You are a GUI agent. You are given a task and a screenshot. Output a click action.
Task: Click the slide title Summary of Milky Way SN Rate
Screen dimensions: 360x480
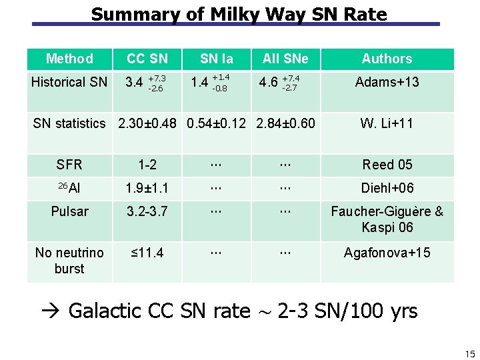pos(239,14)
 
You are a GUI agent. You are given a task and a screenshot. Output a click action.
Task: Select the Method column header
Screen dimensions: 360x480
pos(69,59)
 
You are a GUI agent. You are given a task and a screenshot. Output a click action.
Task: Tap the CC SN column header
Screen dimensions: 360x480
pos(147,59)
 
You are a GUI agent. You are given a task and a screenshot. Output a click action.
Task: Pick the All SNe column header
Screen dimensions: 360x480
pos(285,59)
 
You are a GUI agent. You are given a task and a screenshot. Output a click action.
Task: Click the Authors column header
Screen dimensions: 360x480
pos(387,59)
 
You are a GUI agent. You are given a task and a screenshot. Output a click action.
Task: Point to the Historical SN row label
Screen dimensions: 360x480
pos(69,82)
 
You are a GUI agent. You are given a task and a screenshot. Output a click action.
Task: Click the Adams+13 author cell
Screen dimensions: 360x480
pos(387,82)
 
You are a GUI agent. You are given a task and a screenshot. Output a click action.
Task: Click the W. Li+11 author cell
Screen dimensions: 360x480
pos(387,123)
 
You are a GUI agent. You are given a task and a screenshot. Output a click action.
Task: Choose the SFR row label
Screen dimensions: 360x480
pos(69,165)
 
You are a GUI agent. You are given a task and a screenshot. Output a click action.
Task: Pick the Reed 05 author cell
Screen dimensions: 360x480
pos(387,165)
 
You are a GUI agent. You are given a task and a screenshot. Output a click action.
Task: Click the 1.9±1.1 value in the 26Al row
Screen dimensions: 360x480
pos(147,189)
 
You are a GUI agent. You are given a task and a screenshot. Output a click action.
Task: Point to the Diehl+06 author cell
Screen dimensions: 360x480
pos(387,189)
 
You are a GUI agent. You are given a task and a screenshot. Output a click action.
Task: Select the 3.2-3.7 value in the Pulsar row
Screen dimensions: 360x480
pos(147,212)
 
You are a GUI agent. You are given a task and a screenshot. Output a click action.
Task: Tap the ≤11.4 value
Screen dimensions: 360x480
pos(147,253)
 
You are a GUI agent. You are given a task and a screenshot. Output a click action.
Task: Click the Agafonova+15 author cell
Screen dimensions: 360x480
pos(387,253)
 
